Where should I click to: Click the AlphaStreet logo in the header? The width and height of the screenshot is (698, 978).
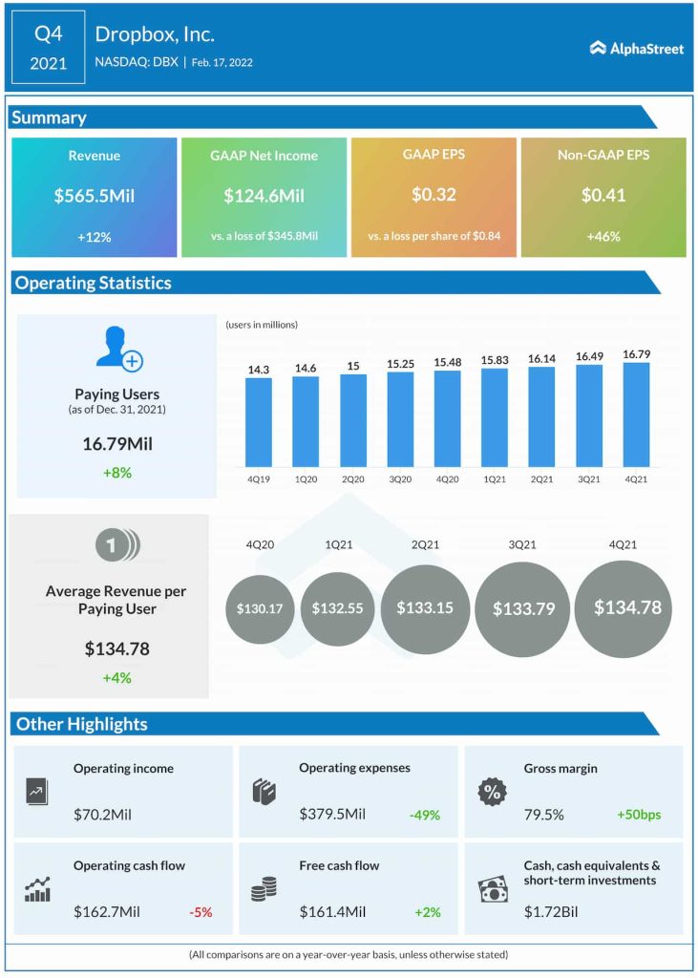(x=636, y=48)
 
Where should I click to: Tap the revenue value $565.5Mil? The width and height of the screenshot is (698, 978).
(x=94, y=196)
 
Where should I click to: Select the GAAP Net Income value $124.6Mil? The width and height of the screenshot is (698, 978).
(x=264, y=196)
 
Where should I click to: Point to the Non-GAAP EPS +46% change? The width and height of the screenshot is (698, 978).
(x=603, y=236)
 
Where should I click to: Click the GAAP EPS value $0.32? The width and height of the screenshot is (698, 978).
(x=434, y=195)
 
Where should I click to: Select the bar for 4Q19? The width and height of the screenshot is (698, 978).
(x=259, y=421)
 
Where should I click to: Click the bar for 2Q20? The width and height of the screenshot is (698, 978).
(x=353, y=419)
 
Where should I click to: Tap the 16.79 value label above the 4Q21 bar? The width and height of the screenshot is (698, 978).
(x=636, y=353)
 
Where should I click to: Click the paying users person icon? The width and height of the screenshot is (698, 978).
(x=117, y=349)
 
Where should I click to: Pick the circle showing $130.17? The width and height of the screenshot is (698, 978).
(x=261, y=608)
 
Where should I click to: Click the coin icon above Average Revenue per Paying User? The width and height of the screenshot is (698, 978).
(x=116, y=545)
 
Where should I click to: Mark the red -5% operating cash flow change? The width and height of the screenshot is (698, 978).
(x=200, y=912)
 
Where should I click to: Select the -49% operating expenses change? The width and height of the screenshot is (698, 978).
(x=423, y=815)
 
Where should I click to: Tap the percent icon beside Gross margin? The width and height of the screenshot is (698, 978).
(x=492, y=792)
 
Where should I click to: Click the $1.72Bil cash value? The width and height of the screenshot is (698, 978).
(x=552, y=912)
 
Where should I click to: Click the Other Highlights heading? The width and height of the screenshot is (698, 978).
(x=82, y=724)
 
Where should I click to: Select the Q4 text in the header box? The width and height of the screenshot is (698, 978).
(x=48, y=34)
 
